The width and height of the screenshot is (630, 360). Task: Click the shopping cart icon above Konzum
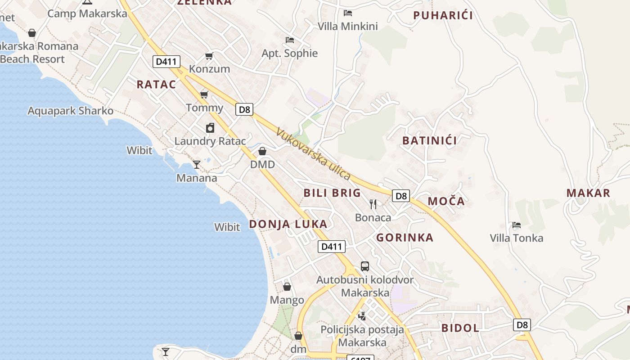pyautogui.click(x=209, y=56)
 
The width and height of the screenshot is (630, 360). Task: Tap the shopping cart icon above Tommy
pyautogui.click(x=204, y=94)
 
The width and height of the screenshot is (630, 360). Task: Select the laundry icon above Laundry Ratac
pyautogui.click(x=210, y=128)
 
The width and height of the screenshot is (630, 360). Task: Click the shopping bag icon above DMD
pyautogui.click(x=262, y=151)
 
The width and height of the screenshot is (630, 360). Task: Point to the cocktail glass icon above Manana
pyautogui.click(x=197, y=164)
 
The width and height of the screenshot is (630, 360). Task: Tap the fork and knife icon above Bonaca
pyautogui.click(x=373, y=204)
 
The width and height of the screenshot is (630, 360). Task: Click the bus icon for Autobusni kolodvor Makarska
pyautogui.click(x=365, y=266)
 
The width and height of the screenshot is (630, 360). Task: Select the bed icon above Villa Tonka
pyautogui.click(x=517, y=225)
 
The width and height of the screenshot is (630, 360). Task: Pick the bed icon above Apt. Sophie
pyautogui.click(x=290, y=40)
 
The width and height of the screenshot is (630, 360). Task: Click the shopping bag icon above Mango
pyautogui.click(x=287, y=287)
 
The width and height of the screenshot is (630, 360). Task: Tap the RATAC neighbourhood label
pyautogui.click(x=156, y=84)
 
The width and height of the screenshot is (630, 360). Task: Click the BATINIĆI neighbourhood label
pyautogui.click(x=429, y=140)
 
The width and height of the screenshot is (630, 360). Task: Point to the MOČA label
pyautogui.click(x=446, y=201)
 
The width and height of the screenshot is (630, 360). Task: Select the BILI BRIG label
pyautogui.click(x=332, y=193)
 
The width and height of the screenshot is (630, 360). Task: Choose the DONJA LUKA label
pyautogui.click(x=288, y=224)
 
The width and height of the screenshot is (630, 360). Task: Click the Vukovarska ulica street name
pyautogui.click(x=313, y=154)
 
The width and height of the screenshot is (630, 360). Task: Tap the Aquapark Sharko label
pyautogui.click(x=71, y=111)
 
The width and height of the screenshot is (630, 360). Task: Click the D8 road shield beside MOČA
pyautogui.click(x=401, y=196)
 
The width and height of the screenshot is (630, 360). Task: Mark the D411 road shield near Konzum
pyautogui.click(x=166, y=62)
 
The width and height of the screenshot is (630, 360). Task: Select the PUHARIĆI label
pyautogui.click(x=443, y=15)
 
